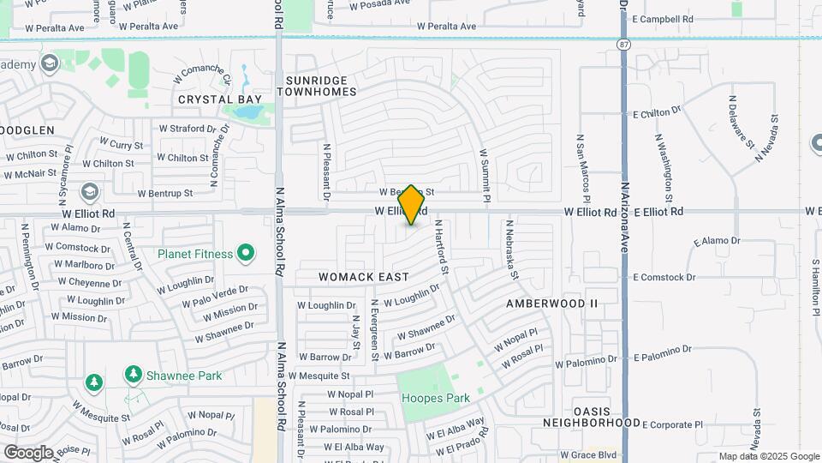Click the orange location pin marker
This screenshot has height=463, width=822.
(411, 204)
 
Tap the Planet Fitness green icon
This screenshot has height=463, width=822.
(246, 253)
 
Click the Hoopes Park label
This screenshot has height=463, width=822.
(436, 398)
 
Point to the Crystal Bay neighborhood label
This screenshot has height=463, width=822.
(220, 99)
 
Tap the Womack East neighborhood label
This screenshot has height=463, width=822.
(364, 277)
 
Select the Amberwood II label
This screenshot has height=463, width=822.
(551, 304)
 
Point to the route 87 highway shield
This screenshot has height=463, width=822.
(623, 42)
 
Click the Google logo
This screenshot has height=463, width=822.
(27, 452)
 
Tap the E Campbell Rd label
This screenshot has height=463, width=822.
(662, 19)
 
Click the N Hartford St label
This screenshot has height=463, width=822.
(441, 247)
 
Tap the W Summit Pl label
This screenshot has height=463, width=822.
(484, 176)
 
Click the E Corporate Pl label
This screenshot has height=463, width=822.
(672, 424)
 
